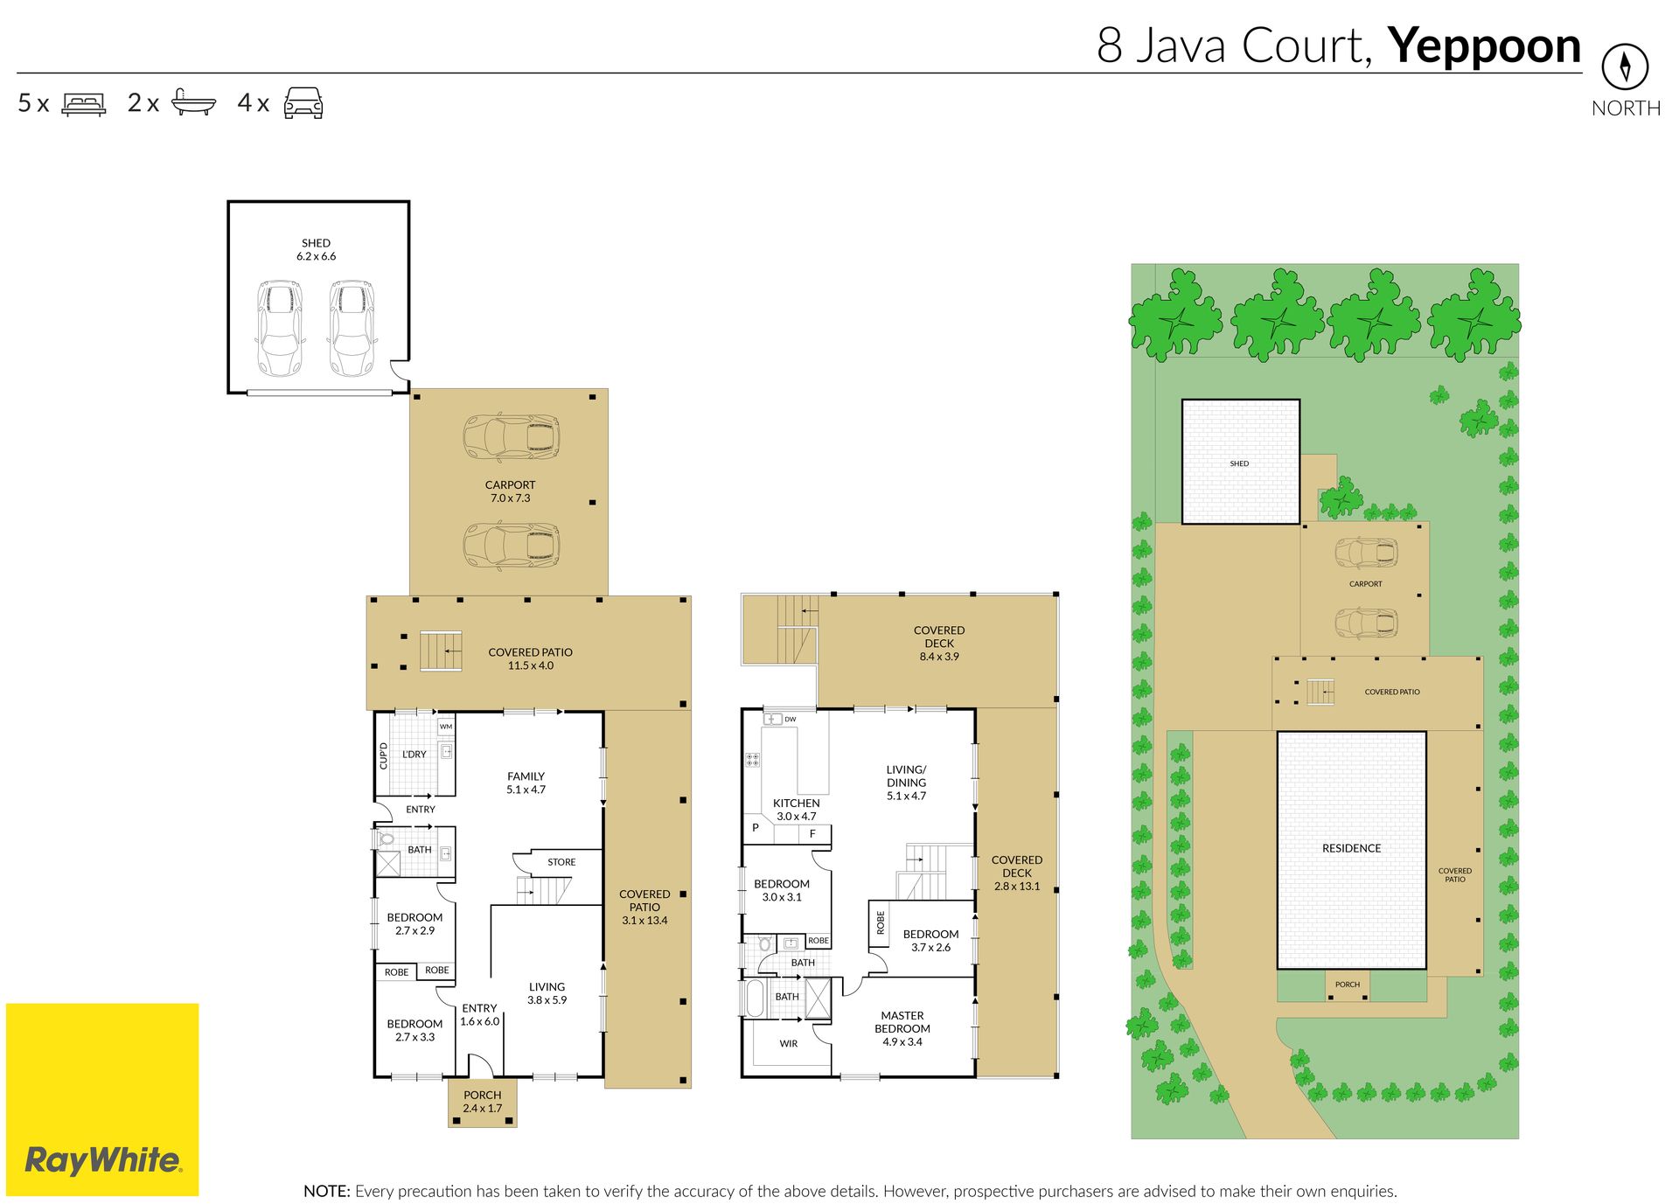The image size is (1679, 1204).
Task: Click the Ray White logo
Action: click(x=102, y=1099)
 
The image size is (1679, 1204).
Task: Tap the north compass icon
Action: click(x=1625, y=66)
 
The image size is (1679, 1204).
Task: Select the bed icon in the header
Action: click(x=84, y=104)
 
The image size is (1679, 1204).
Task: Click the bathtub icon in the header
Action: click(x=193, y=102)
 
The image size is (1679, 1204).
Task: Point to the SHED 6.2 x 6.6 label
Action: click(x=316, y=250)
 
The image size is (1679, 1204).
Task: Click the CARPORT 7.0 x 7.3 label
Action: click(x=510, y=491)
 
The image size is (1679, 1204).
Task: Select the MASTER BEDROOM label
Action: click(x=902, y=1028)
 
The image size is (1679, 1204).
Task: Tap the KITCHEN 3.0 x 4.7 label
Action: click(x=796, y=810)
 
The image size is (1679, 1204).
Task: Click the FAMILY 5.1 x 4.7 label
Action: click(x=526, y=783)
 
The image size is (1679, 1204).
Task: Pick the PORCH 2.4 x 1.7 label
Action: click(x=482, y=1102)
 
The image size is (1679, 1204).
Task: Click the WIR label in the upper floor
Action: click(x=788, y=1044)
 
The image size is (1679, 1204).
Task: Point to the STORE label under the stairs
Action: click(x=561, y=862)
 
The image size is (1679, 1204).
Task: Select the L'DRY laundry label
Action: click(x=415, y=755)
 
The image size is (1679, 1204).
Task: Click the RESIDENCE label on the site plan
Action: click(x=1351, y=848)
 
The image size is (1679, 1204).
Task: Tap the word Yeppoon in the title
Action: click(x=1484, y=47)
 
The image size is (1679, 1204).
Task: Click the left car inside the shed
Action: click(x=280, y=328)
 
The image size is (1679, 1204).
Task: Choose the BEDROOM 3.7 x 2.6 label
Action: click(x=930, y=941)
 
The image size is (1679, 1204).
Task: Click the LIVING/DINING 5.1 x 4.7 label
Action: click(x=906, y=783)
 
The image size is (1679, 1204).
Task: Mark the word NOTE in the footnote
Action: click(x=327, y=1191)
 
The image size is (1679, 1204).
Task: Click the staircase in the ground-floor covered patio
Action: click(x=441, y=651)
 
